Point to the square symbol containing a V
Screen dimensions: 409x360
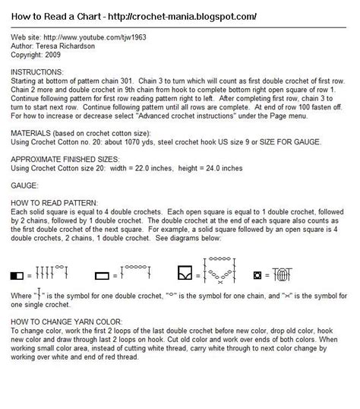point(182,272)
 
